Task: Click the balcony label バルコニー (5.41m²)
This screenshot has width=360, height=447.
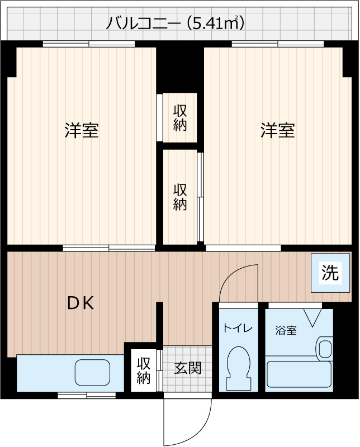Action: [x=176, y=23]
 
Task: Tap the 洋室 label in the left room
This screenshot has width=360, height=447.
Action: [x=82, y=130]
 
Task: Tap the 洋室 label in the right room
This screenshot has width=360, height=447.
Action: [x=277, y=130]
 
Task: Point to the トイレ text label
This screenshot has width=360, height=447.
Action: [x=238, y=329]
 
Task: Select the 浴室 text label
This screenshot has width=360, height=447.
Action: [x=286, y=330]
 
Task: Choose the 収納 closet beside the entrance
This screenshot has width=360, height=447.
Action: [x=144, y=370]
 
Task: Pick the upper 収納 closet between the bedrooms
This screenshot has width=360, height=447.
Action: [x=179, y=117]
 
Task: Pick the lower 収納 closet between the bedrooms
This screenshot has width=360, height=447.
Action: [x=179, y=197]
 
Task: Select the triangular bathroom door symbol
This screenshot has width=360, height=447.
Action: [x=311, y=317]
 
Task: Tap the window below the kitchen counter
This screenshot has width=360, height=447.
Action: [x=86, y=395]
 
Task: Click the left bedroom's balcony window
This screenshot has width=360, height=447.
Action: [x=88, y=44]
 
